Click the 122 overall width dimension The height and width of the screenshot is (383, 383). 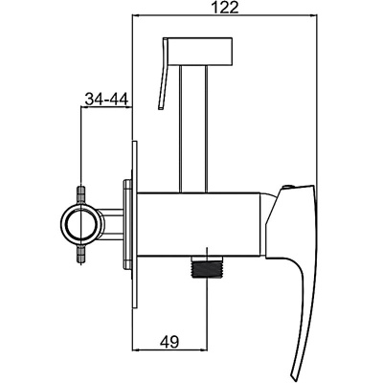(x=224, y=8)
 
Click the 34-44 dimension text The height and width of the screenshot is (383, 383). (x=105, y=99)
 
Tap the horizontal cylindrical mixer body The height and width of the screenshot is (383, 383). (x=201, y=223)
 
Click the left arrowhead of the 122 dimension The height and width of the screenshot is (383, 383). (x=135, y=17)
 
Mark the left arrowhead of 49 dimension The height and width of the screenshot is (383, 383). (x=135, y=350)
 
